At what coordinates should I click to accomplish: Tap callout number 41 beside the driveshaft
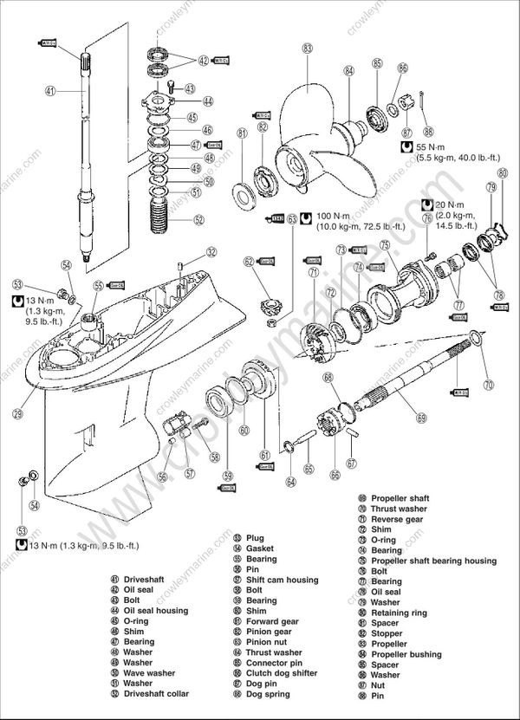(49, 90)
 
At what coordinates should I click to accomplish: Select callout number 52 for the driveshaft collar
(199, 220)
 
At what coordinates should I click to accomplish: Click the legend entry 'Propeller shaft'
(400, 498)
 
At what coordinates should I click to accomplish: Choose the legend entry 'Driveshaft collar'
(155, 694)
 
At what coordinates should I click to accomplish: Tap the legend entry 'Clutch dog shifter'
(283, 673)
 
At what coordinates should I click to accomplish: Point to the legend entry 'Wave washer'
(148, 673)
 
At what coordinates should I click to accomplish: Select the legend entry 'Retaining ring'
(399, 613)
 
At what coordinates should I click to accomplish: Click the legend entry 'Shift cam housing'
(282, 580)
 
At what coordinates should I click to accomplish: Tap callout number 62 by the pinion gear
(249, 261)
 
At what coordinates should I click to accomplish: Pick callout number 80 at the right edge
(503, 173)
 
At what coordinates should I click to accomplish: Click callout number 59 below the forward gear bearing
(229, 474)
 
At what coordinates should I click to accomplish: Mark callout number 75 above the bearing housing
(384, 245)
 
